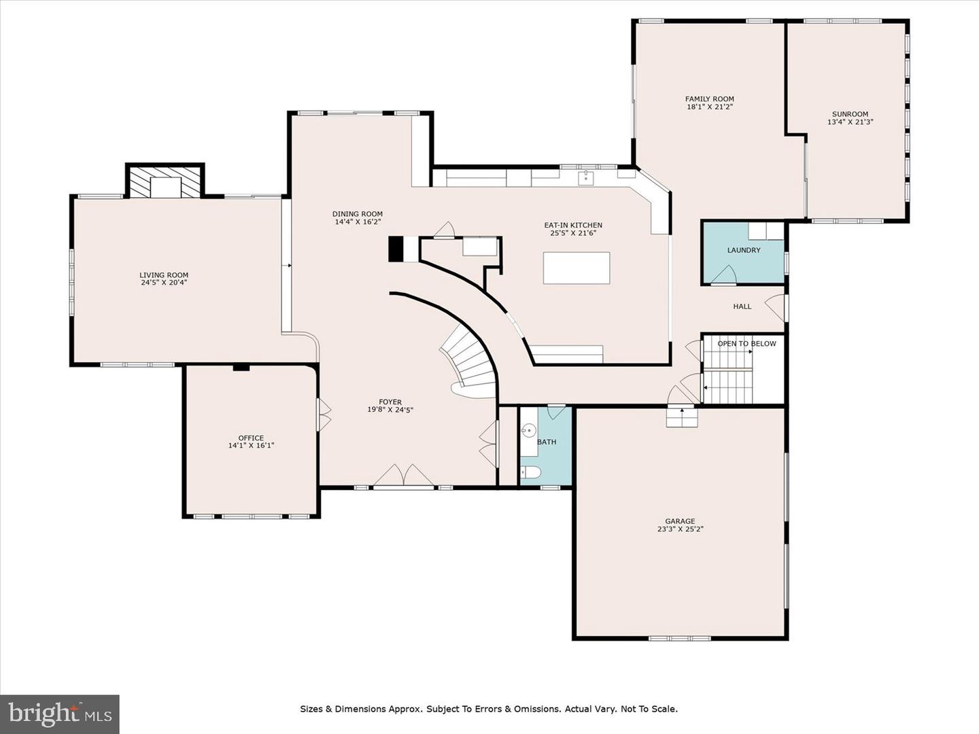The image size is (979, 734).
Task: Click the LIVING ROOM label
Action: [164, 275]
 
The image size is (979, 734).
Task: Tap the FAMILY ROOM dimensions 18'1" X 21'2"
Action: [710, 107]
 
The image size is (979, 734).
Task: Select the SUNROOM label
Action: [850, 114]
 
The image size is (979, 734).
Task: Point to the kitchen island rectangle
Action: [577, 268]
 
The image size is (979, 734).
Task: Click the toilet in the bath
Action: [531, 472]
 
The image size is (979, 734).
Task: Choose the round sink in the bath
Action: [529, 430]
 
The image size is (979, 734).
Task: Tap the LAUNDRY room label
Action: [744, 250]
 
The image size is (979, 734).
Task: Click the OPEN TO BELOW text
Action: [746, 344]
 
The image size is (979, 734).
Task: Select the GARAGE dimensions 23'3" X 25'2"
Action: [680, 529]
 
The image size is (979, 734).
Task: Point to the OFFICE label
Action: [251, 438]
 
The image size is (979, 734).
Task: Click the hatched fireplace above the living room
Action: [165, 182]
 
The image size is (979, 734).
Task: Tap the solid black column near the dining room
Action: [396, 249]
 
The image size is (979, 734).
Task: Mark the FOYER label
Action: [390, 402]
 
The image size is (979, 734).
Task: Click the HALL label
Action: [742, 306]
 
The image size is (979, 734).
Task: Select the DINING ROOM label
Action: [357, 214]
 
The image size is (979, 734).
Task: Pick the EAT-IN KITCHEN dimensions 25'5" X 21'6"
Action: [573, 232]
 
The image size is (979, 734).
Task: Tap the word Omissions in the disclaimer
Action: [538, 709]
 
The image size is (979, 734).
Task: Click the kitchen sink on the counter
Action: [585, 177]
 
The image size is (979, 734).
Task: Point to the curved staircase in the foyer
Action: [468, 362]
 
